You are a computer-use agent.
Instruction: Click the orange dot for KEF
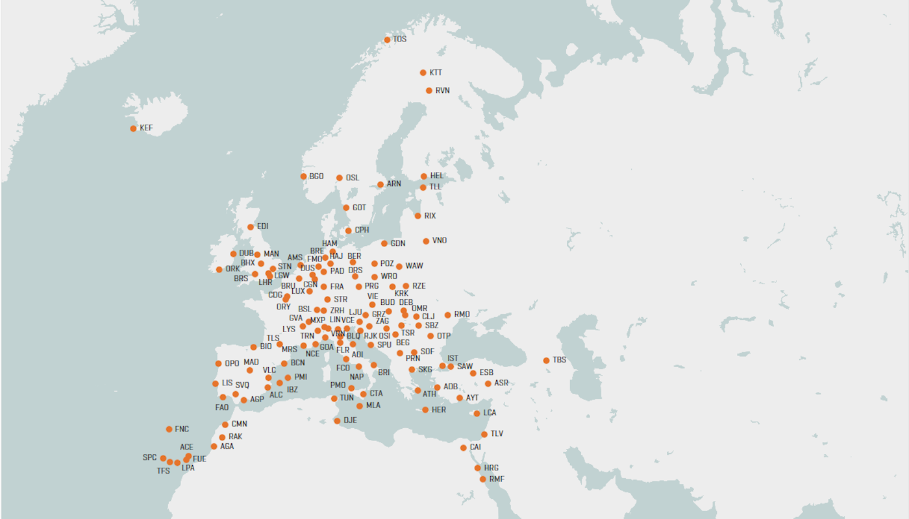tap(133, 128)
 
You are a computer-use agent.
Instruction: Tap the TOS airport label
tap(400, 40)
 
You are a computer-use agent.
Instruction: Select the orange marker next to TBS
tap(546, 361)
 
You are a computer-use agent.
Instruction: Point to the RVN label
tap(443, 91)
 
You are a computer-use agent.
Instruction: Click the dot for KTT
tap(423, 73)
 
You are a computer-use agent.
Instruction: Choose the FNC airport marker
tap(169, 429)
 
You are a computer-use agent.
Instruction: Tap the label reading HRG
tap(492, 468)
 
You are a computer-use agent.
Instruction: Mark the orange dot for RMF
tap(482, 479)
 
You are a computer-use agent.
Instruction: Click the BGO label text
tap(316, 176)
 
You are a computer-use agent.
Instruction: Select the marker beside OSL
tap(339, 178)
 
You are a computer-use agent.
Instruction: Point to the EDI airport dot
tap(251, 227)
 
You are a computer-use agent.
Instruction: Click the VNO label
tap(440, 241)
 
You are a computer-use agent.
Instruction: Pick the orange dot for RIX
tap(417, 216)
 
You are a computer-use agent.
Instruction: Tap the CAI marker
tap(463, 448)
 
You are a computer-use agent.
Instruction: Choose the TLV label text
tap(497, 434)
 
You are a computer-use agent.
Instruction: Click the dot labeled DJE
tap(337, 421)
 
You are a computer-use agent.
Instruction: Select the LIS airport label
tap(227, 383)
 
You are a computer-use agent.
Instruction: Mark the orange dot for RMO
tap(447, 315)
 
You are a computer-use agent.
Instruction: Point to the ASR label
tap(501, 383)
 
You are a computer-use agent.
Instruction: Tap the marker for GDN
tap(384, 244)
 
